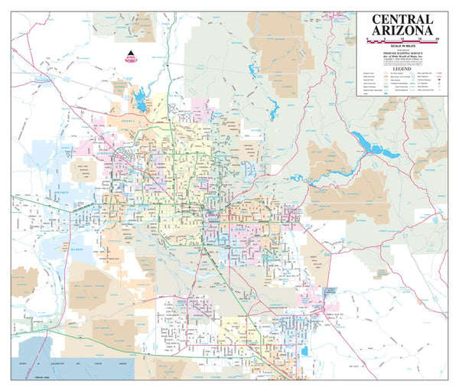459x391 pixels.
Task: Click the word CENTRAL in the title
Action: [x=402, y=18]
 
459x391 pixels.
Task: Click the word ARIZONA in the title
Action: [x=402, y=31]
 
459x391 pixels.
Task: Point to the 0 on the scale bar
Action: [x=368, y=38]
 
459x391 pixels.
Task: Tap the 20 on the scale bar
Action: [x=437, y=38]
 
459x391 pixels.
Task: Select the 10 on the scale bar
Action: [x=402, y=38]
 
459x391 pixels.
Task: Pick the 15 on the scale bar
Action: [x=420, y=38]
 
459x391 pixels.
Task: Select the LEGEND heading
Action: [x=402, y=67]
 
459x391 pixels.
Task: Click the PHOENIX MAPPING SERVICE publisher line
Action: [x=402, y=54]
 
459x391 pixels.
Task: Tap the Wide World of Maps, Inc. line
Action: [x=402, y=58]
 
